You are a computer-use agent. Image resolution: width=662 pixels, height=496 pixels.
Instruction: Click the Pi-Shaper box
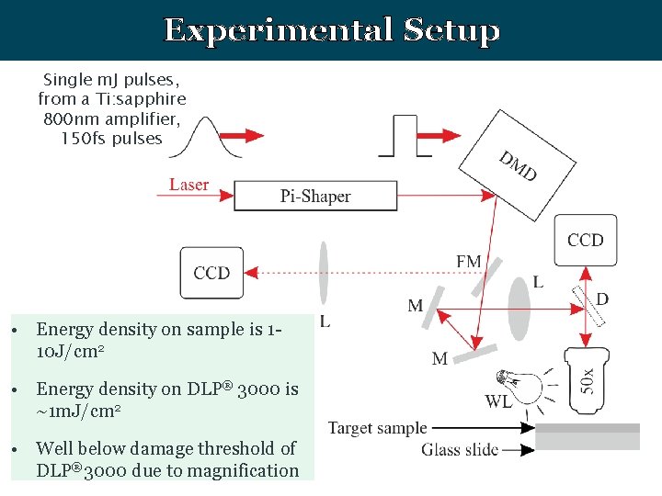pyautogui.click(x=315, y=196)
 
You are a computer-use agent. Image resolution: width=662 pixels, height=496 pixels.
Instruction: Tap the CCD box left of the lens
pyautogui.click(x=212, y=273)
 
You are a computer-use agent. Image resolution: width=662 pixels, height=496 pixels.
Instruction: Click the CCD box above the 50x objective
pyautogui.click(x=586, y=241)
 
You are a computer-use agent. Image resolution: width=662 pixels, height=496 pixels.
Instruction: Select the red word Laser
pyautogui.click(x=188, y=185)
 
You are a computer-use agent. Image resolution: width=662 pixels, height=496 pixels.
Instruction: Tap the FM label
pyautogui.click(x=468, y=262)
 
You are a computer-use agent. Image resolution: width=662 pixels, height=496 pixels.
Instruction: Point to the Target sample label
pyautogui.click(x=378, y=428)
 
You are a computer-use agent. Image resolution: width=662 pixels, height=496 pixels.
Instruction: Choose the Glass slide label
pyautogui.click(x=460, y=449)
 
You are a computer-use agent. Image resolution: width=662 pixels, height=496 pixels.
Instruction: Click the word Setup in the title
pyautogui.click(x=451, y=30)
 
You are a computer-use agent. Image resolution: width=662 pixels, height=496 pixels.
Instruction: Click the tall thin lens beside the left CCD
pyautogui.click(x=323, y=272)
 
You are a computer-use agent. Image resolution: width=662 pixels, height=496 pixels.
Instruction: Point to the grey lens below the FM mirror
pyautogui.click(x=519, y=308)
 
